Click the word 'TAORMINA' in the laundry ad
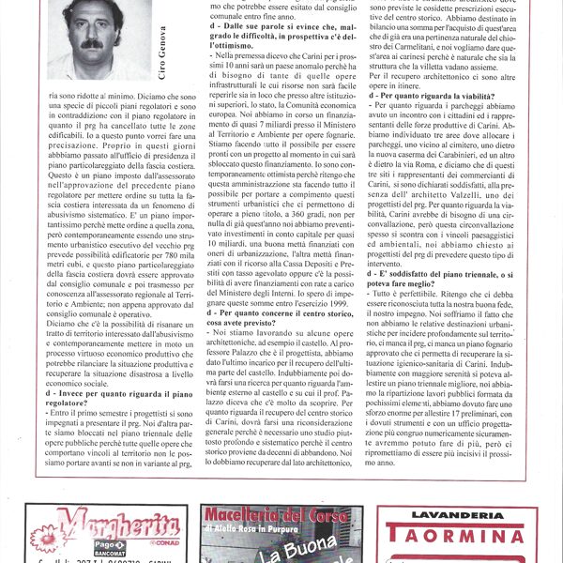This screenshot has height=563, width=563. (x=457, y=536)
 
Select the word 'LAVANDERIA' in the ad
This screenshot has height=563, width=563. (x=457, y=514)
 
